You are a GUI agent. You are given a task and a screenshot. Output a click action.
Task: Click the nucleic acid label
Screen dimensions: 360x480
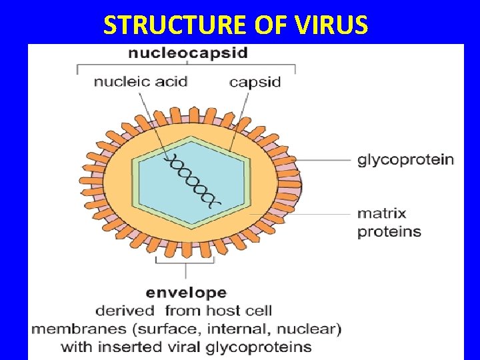(x=140, y=82)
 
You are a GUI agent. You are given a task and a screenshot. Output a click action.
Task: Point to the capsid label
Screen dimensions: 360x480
(x=255, y=83)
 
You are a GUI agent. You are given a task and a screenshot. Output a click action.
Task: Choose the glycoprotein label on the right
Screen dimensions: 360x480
(x=405, y=160)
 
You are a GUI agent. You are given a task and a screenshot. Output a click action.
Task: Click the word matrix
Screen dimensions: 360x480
(x=381, y=214)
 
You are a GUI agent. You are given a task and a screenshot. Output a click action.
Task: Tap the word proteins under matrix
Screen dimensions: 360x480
(x=389, y=232)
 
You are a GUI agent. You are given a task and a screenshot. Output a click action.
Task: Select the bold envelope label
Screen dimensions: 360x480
(x=186, y=293)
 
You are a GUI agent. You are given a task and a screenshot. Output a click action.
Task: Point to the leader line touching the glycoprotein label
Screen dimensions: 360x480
(x=327, y=160)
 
